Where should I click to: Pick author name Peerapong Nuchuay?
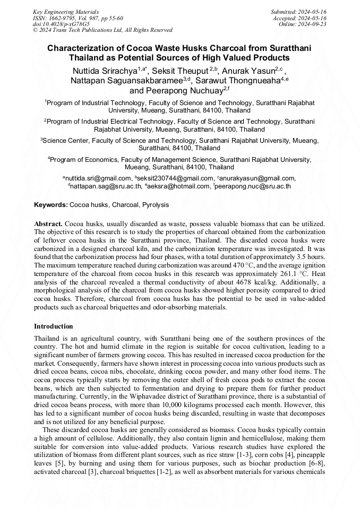(x=183, y=91)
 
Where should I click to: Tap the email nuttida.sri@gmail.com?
(x=99, y=178)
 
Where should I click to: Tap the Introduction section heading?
(x=54, y=326)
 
